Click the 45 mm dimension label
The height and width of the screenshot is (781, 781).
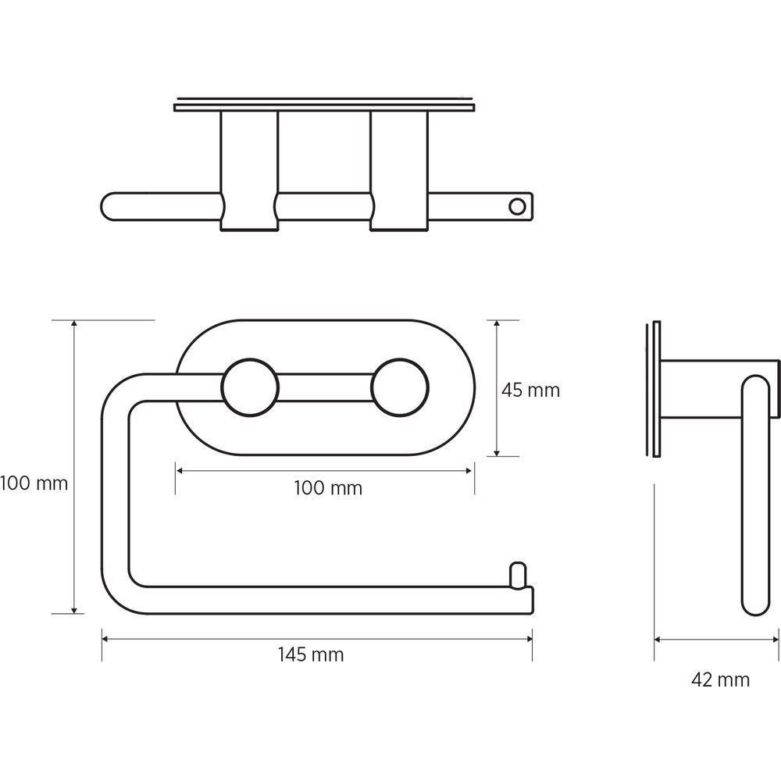[x=530, y=390]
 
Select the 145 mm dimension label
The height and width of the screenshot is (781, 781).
[x=311, y=654]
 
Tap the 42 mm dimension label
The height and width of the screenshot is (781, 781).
[x=720, y=680]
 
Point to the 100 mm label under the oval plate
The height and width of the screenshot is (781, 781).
[x=328, y=488]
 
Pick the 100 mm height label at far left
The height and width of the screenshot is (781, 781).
[x=34, y=483]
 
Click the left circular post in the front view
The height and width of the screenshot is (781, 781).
[x=250, y=387]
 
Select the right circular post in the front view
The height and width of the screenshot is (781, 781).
[x=399, y=387]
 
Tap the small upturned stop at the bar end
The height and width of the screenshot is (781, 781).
[x=518, y=575]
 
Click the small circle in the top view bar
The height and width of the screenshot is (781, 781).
[x=518, y=206]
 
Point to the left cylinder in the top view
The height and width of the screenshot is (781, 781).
[x=249, y=171]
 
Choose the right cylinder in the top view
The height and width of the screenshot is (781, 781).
[x=399, y=171]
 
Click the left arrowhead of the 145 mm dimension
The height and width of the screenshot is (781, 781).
[x=105, y=639]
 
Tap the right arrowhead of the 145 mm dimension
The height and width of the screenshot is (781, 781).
[x=529, y=639]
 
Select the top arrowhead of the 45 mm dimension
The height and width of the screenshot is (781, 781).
[x=497, y=325]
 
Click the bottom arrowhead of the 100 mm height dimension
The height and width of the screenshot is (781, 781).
[x=74, y=609]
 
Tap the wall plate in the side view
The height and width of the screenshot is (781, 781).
[x=657, y=389]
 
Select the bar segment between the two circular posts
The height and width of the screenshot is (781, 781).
[x=325, y=387]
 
